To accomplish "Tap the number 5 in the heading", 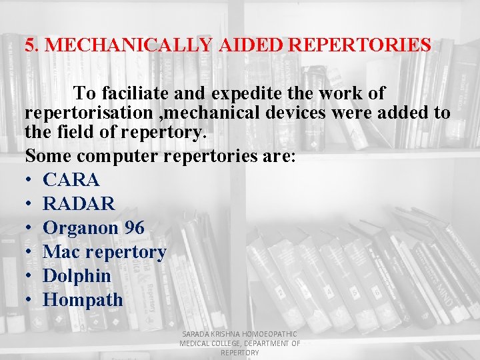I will pyautogui.click(x=29, y=45).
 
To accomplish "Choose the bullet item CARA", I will pyautogui.click(x=71, y=180).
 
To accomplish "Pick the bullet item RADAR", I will pyautogui.click(x=79, y=204).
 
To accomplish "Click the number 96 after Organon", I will pyautogui.click(x=133, y=228).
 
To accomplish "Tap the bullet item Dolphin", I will pyautogui.click(x=77, y=276).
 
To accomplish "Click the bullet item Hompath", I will pyautogui.click(x=83, y=300).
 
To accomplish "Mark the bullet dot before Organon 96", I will pyautogui.click(x=29, y=228).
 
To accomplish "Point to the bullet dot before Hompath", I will pyautogui.click(x=29, y=300).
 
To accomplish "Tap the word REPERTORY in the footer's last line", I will pyautogui.click(x=239, y=353).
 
